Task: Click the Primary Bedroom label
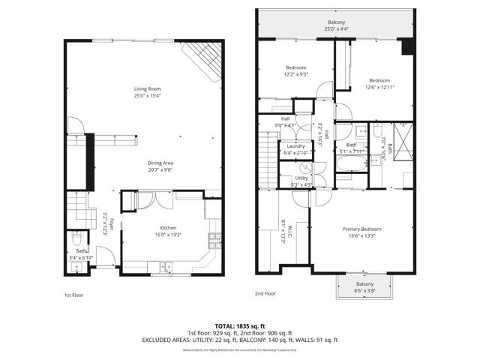tap(362, 229)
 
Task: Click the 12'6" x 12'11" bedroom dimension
tap(379, 86)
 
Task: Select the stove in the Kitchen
tap(215, 240)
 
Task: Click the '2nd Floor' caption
tap(265, 293)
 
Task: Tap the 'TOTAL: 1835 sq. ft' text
tap(240, 325)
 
